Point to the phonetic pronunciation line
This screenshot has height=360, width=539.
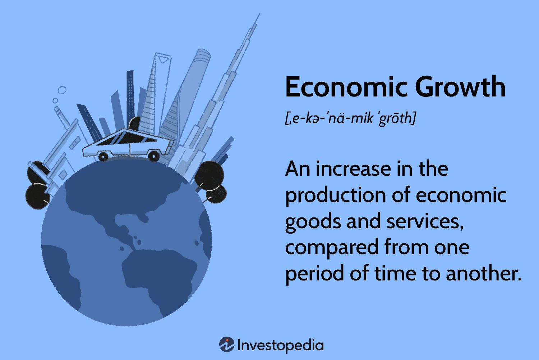pos(350,118)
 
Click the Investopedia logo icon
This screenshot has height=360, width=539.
pos(227,345)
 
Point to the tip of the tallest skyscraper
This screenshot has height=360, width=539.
pos(259,15)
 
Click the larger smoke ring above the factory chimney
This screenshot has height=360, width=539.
pos(62,90)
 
